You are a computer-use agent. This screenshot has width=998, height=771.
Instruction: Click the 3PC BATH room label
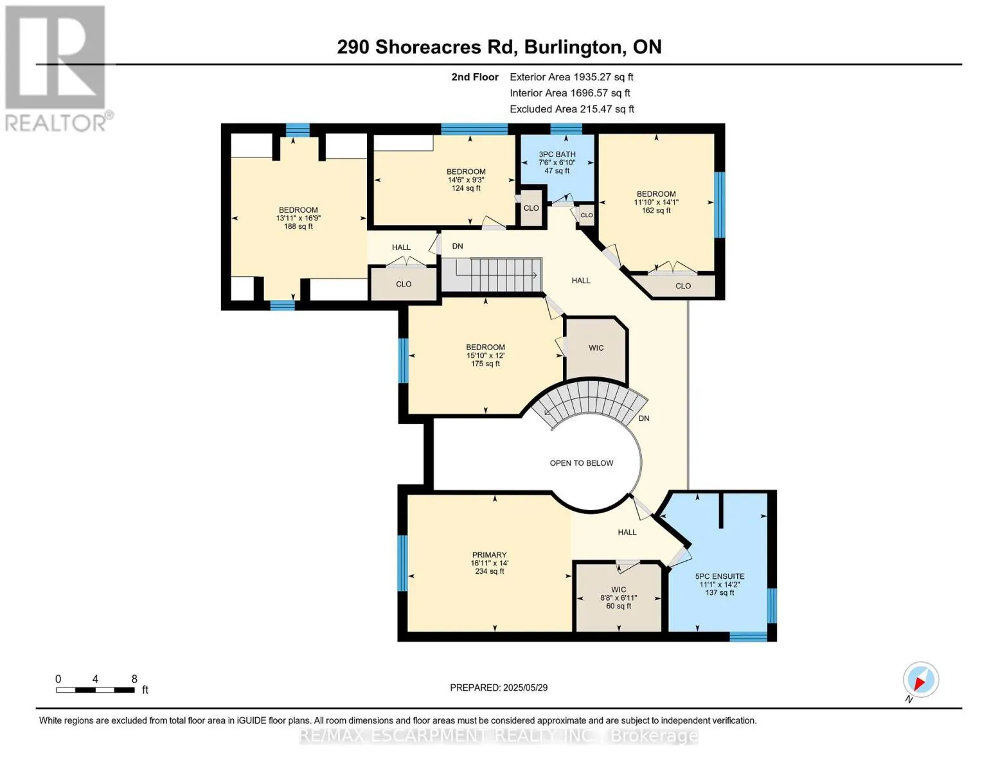[x=557, y=155]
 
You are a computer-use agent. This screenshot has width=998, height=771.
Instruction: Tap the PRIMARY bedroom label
[x=489, y=555]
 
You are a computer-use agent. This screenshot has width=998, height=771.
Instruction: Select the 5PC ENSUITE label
[x=719, y=576]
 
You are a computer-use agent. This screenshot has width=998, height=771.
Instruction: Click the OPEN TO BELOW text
[x=581, y=463]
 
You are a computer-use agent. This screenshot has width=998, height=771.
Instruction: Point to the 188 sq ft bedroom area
[x=298, y=226]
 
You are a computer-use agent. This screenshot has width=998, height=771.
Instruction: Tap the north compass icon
[x=920, y=680]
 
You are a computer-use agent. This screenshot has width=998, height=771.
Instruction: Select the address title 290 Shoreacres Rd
[x=499, y=47]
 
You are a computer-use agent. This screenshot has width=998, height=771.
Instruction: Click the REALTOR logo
[x=57, y=67]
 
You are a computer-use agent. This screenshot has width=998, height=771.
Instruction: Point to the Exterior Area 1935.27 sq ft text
[x=571, y=77]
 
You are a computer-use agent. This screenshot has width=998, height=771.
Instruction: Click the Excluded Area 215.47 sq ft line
[x=571, y=109]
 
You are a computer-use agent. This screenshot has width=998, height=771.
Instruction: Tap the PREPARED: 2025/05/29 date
[x=499, y=687]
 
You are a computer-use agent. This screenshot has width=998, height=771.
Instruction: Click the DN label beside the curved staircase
[x=644, y=418]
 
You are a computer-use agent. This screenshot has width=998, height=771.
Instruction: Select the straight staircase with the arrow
[x=492, y=275]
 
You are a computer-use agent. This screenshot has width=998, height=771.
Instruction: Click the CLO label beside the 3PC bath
[x=531, y=208]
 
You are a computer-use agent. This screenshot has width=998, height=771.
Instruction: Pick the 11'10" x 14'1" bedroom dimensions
[x=656, y=202]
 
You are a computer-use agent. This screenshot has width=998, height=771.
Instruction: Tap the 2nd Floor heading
[x=475, y=77]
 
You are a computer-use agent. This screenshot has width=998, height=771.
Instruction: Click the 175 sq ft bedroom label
[x=485, y=364]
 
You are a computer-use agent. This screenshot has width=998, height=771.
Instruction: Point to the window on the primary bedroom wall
[x=402, y=563]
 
